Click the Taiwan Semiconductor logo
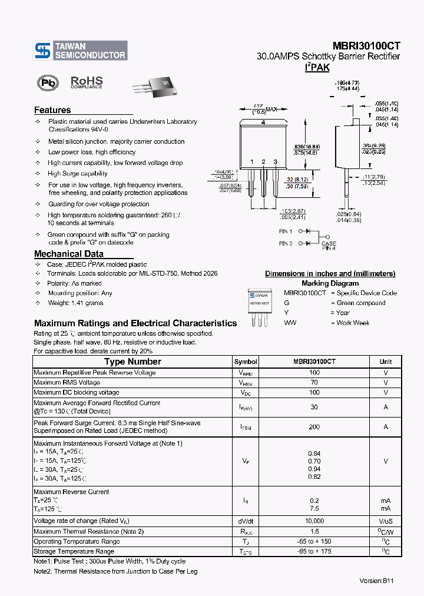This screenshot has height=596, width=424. (80, 50)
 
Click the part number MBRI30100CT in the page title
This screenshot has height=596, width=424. (366, 45)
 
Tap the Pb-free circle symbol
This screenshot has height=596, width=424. (48, 83)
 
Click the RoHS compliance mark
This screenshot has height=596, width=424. (87, 82)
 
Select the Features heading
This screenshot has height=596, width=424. (52, 110)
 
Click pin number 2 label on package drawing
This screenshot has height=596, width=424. (263, 162)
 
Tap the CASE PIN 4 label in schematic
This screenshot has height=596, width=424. (329, 246)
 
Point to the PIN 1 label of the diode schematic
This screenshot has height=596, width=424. (286, 231)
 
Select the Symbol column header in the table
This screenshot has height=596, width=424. (246, 362)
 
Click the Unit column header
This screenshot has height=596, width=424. (386, 362)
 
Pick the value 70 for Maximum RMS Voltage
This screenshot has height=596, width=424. (314, 383)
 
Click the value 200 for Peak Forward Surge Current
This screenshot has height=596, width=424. (314, 427)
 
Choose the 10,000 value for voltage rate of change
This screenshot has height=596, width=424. (314, 521)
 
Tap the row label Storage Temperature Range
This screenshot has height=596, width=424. (74, 551)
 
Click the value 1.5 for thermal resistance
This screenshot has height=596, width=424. (314, 531)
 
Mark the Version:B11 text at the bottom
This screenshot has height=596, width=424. (376, 581)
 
